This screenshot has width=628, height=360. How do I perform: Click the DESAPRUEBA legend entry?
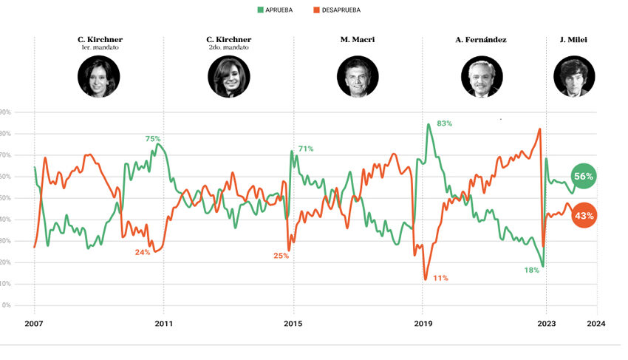[x=336, y=10]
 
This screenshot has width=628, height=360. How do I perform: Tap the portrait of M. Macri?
[x=358, y=77]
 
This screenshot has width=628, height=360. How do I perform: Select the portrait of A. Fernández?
[x=482, y=77]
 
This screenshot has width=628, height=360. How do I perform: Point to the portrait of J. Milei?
[x=573, y=77]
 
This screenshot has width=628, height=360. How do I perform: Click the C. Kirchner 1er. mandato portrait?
[x=99, y=77]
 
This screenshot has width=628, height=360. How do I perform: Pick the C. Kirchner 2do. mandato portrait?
[x=228, y=77]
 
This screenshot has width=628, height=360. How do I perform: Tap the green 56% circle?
[x=584, y=176]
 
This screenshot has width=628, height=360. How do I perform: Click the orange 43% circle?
[x=584, y=216]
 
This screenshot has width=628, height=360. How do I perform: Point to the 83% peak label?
[x=444, y=123]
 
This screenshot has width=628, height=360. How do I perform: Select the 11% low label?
[x=441, y=278]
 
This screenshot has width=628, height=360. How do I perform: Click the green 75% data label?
[x=153, y=139]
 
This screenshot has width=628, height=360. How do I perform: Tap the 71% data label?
[x=306, y=149]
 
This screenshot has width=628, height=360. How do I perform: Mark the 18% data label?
[x=532, y=270]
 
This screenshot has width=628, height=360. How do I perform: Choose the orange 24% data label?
[x=143, y=252]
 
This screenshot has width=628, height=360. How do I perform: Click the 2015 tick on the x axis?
[x=293, y=323]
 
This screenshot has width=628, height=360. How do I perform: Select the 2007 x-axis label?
[x=35, y=323]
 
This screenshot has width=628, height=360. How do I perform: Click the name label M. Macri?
[x=358, y=39]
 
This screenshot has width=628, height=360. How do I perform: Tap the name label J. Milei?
[x=573, y=39]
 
